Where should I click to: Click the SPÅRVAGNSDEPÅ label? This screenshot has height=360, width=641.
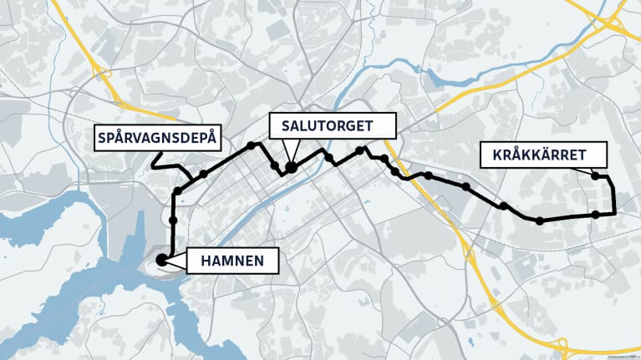click(x=155, y=138)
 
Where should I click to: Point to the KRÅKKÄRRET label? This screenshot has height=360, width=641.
click(x=532, y=155)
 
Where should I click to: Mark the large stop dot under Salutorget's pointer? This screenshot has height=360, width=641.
click(x=291, y=168)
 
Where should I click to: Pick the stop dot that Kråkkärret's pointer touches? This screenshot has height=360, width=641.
click(x=595, y=175)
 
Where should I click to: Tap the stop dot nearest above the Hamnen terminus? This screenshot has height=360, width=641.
click(x=173, y=221)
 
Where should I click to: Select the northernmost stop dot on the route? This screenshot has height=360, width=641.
click(x=251, y=145)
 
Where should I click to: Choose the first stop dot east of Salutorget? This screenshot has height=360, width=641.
click(x=329, y=158)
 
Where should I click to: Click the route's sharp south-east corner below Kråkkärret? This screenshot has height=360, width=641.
click(x=614, y=214)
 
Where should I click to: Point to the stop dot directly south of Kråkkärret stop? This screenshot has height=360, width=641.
click(x=595, y=215)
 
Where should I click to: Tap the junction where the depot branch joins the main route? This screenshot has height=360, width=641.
click(x=191, y=180)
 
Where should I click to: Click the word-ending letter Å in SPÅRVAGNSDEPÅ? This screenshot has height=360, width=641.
click(x=211, y=138)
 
